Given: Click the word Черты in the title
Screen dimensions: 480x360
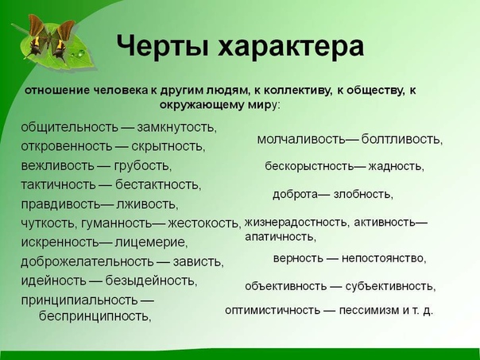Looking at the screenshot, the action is click(x=163, y=46).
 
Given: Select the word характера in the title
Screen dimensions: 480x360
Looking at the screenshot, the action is click(x=291, y=47).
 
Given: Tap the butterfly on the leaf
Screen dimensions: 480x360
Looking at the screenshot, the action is click(x=50, y=37).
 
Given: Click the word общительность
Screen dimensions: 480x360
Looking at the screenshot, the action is click(x=69, y=126).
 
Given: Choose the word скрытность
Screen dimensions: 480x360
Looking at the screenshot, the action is click(x=167, y=146).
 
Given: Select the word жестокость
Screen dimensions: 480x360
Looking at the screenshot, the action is click(x=203, y=223).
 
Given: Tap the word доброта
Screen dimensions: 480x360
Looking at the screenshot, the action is click(x=295, y=194).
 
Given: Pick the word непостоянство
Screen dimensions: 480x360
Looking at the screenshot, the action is click(x=382, y=258).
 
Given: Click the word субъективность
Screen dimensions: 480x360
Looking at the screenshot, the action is click(x=389, y=286).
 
